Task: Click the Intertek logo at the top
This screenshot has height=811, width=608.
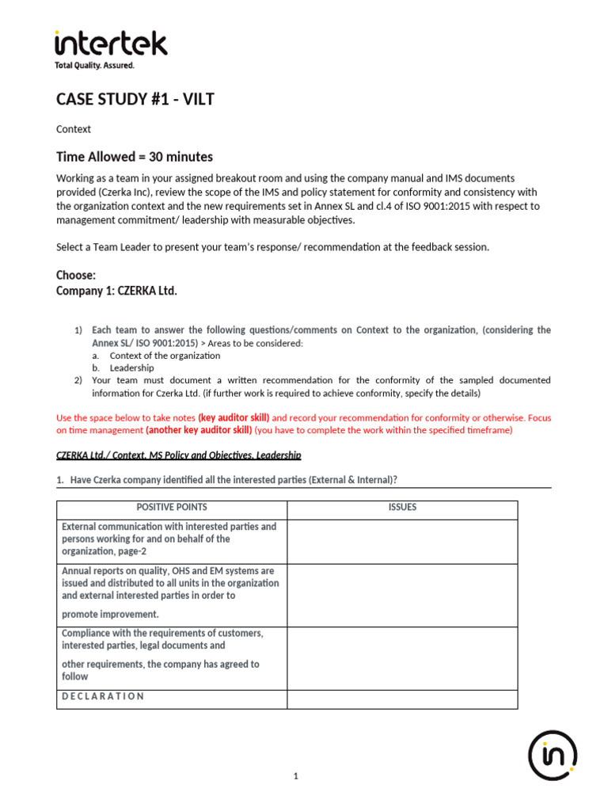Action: pyautogui.click(x=111, y=44)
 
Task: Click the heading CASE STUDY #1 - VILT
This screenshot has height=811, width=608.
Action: pyautogui.click(x=135, y=99)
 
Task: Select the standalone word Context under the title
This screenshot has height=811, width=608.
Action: pyautogui.click(x=74, y=129)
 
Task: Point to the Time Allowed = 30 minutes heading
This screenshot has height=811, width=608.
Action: pyautogui.click(x=134, y=157)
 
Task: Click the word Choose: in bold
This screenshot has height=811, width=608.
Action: pyautogui.click(x=76, y=276)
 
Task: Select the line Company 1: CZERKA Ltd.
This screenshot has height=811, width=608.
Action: pyautogui.click(x=116, y=291)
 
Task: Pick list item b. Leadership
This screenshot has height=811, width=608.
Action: pyautogui.click(x=131, y=368)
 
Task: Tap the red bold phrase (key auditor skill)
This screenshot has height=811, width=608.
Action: pyautogui.click(x=234, y=417)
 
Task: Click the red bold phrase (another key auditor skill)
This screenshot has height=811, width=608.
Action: pyautogui.click(x=199, y=430)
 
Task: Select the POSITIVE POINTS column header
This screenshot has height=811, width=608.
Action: pyautogui.click(x=172, y=507)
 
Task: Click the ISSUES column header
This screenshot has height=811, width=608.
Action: pyautogui.click(x=402, y=507)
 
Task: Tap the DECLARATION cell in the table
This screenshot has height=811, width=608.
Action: pyautogui.click(x=103, y=696)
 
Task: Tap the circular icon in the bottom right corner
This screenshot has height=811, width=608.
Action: pyautogui.click(x=553, y=755)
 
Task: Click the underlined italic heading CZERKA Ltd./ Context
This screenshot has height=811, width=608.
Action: pyautogui.click(x=178, y=455)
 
